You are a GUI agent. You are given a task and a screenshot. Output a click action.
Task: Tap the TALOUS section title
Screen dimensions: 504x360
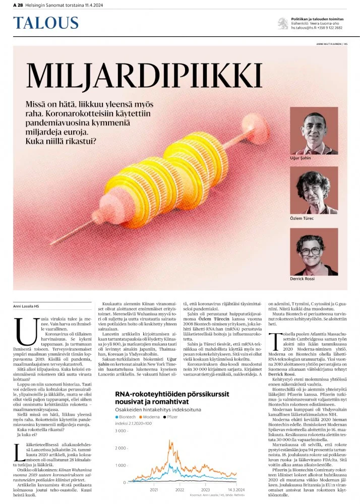(46, 23)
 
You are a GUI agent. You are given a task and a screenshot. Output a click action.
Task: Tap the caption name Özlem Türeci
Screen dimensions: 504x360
(302, 218)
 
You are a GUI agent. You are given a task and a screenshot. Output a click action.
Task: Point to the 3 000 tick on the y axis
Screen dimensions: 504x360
(122, 431)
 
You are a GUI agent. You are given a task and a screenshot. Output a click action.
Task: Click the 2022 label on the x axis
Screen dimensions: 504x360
(179, 489)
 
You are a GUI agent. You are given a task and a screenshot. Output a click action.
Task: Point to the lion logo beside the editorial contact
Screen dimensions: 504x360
(283, 23)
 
